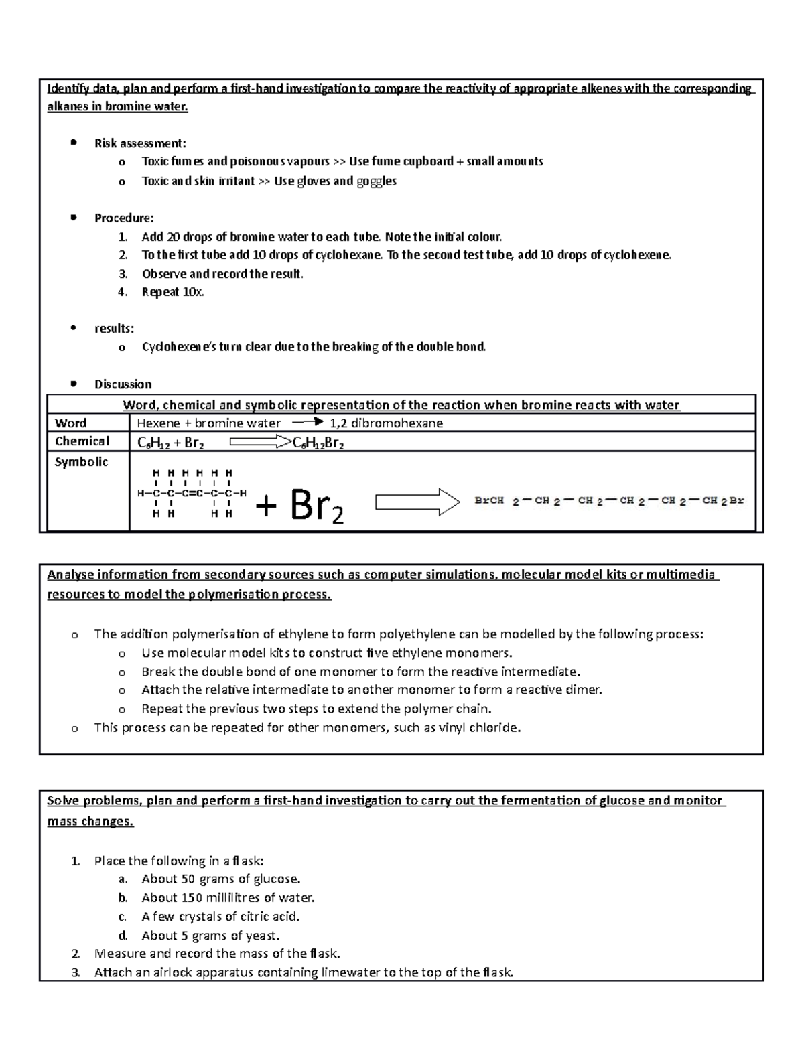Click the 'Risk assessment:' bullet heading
tap(140, 143)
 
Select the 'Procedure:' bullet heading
tap(124, 218)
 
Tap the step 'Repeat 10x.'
tap(173, 292)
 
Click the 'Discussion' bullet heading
tap(123, 384)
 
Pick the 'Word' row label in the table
tap(70, 423)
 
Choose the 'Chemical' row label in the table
tap(82, 441)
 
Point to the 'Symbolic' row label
tap(81, 462)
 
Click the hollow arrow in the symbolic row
tap(417, 502)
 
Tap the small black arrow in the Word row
tap(308, 422)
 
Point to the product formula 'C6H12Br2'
tap(319, 443)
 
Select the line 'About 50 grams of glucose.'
tap(221, 879)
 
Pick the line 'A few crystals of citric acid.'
tap(220, 916)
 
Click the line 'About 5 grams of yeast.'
tap(210, 935)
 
